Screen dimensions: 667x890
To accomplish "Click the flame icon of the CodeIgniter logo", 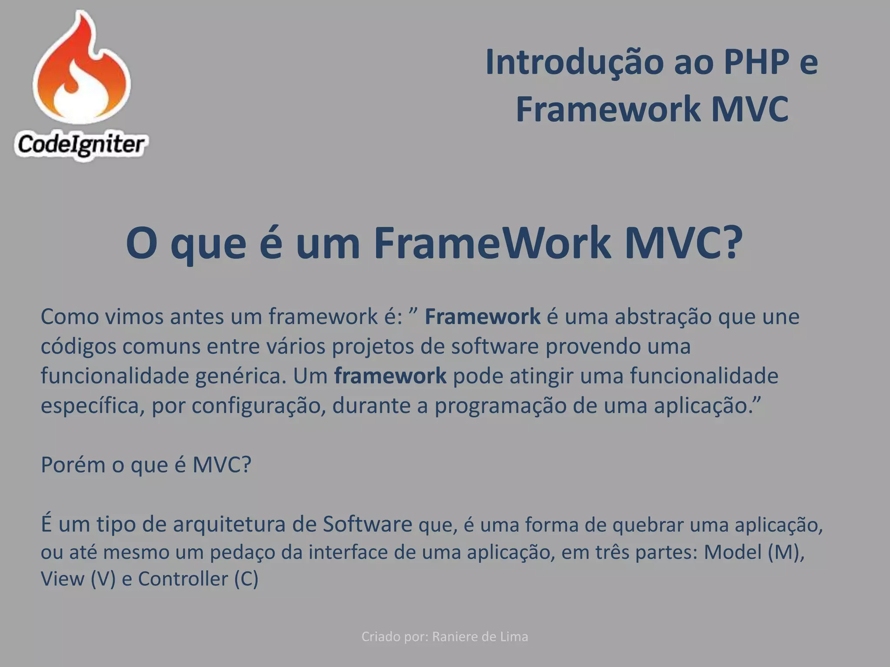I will click(81, 69).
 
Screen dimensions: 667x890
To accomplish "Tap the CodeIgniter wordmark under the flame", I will click(81, 144).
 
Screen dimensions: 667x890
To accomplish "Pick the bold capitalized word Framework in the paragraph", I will click(482, 317).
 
